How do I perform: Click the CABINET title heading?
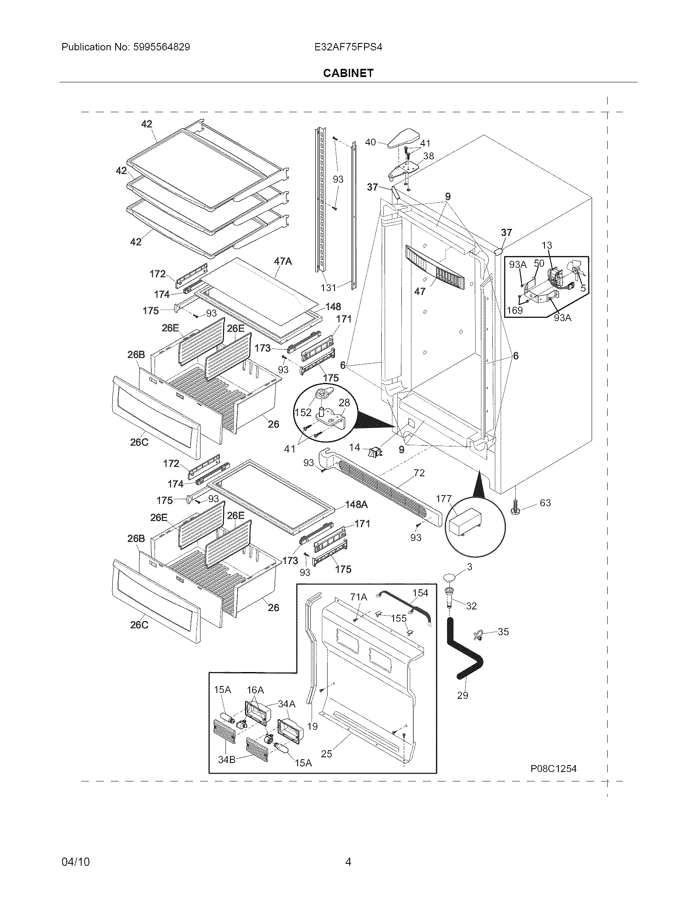coord(348,73)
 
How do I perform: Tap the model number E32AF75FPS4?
coord(348,47)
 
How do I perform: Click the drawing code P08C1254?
coord(553,769)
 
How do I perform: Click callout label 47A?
coord(282,261)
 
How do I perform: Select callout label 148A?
coord(356,505)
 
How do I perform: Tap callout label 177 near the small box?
coord(444,499)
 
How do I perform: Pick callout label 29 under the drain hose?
coord(462,695)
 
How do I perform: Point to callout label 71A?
coord(358,597)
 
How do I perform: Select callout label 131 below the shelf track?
coord(329,288)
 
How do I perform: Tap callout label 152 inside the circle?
coord(303,412)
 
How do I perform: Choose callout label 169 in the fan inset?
coord(515,310)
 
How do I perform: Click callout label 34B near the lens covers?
coord(227,759)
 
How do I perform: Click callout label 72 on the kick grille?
coord(419,473)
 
